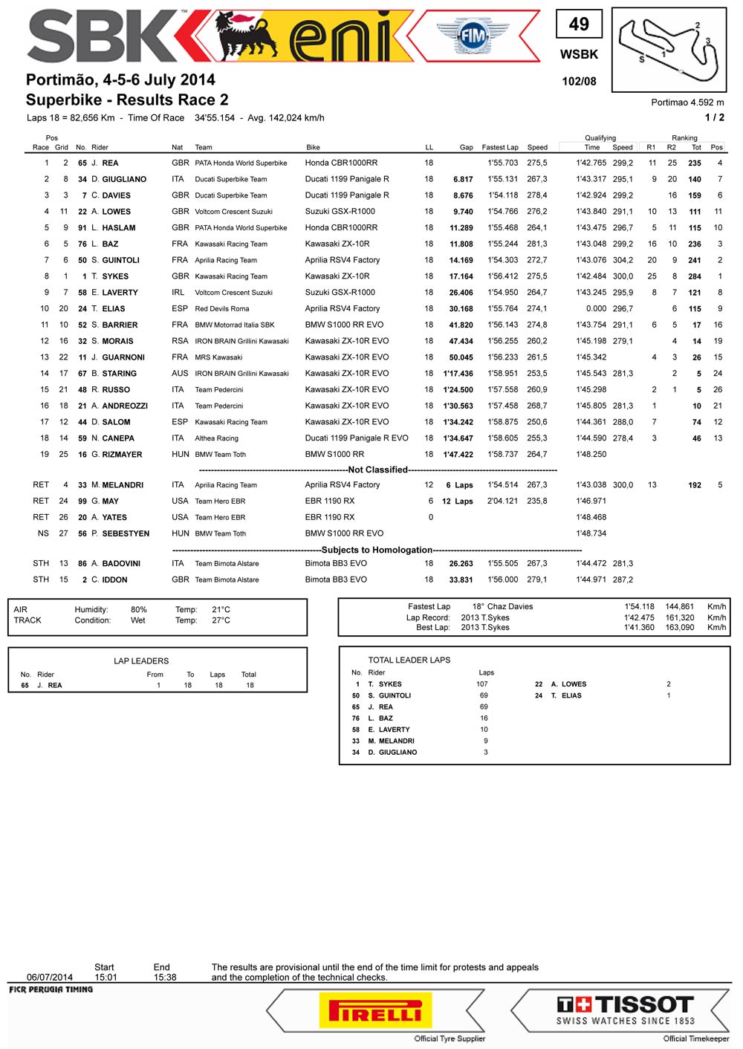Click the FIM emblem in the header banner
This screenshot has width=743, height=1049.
pos(473,36)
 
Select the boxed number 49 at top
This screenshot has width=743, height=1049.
pos(579,25)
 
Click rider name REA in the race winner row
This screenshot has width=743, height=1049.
pos(110,163)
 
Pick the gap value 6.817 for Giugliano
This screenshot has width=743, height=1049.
pos(463,179)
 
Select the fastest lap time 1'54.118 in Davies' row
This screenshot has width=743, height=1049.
pos(503,195)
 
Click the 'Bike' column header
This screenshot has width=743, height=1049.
pos(313,147)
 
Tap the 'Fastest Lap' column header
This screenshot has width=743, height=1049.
pos(500,147)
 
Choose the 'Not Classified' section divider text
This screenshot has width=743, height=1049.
pos(378,470)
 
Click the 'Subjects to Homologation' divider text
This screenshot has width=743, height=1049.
pos(377,550)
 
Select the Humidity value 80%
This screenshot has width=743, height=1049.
pos(139,609)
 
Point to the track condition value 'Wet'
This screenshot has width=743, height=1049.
pos(138,620)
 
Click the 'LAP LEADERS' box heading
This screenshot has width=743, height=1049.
pos(141,660)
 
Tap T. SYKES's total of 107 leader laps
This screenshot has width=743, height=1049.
pos(482,684)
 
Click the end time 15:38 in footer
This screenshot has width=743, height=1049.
pos(165,977)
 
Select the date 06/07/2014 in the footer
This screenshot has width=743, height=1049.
pos(50,977)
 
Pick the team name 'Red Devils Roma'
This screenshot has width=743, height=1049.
pos(222,309)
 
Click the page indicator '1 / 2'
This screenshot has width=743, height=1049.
pos(714,117)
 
